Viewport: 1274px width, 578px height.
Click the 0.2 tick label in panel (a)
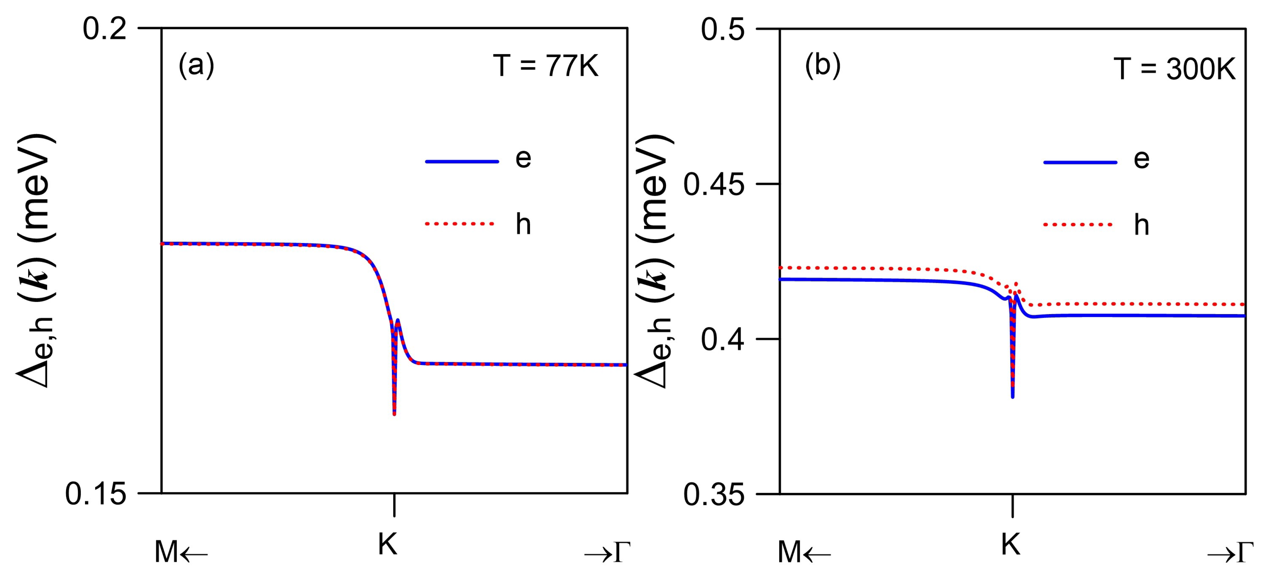tap(105, 29)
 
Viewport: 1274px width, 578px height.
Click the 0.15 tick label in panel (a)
tap(96, 494)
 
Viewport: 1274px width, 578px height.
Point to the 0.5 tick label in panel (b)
tap(723, 30)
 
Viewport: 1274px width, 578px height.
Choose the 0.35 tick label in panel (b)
tap(714, 495)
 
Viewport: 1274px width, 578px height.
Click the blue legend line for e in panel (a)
tap(462, 161)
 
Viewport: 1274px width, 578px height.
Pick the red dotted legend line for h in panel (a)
tap(460, 224)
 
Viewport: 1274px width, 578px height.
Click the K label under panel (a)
tap(388, 545)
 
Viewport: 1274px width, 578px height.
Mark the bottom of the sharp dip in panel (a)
tap(394, 413)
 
